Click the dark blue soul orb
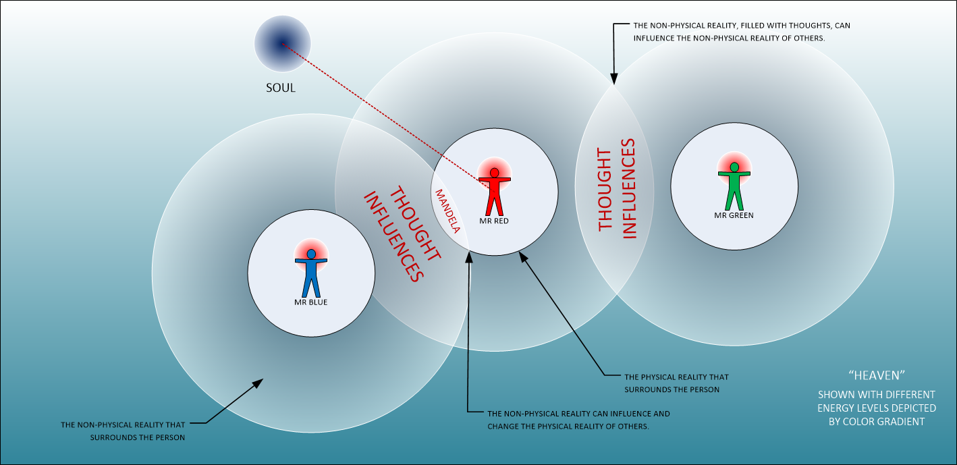(x=282, y=44)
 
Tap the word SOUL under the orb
(x=281, y=88)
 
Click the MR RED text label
(x=494, y=221)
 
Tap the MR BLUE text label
(x=310, y=302)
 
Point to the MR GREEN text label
(x=734, y=215)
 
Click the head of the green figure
(x=734, y=166)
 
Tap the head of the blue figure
(x=310, y=254)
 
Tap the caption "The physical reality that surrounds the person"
(x=676, y=383)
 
